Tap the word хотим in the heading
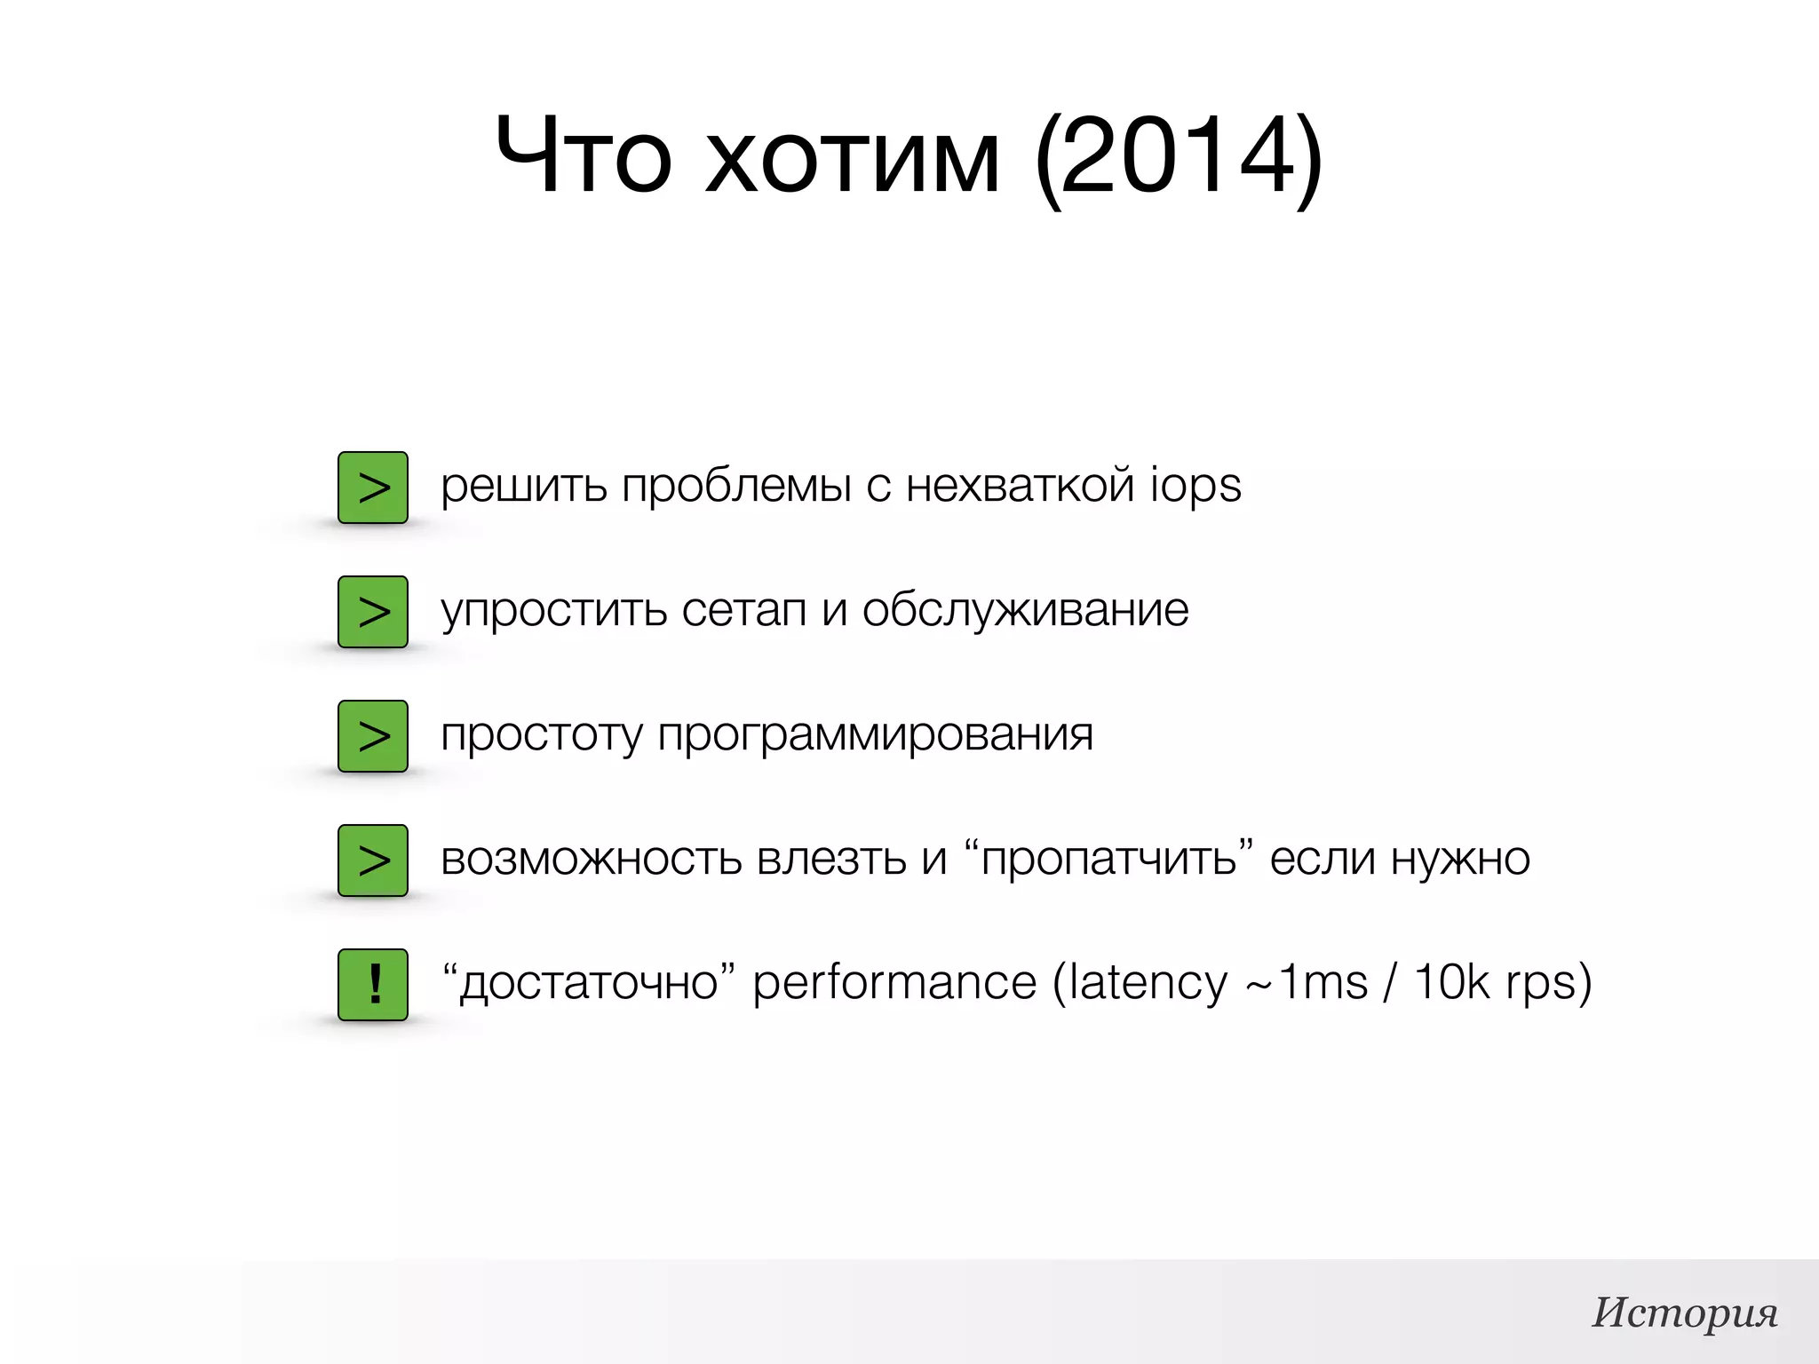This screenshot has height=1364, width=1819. [x=853, y=157]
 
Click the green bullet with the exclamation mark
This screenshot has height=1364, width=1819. [x=373, y=984]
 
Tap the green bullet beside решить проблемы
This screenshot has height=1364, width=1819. [x=373, y=488]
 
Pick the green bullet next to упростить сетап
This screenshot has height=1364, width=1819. [x=373, y=612]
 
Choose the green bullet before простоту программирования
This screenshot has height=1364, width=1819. [x=373, y=736]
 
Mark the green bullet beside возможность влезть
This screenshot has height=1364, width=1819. [x=373, y=860]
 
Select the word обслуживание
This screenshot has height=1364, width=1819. [x=1025, y=610]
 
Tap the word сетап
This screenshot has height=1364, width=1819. [x=744, y=610]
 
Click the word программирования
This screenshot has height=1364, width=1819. [x=875, y=735]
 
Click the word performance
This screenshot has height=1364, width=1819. [x=894, y=983]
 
